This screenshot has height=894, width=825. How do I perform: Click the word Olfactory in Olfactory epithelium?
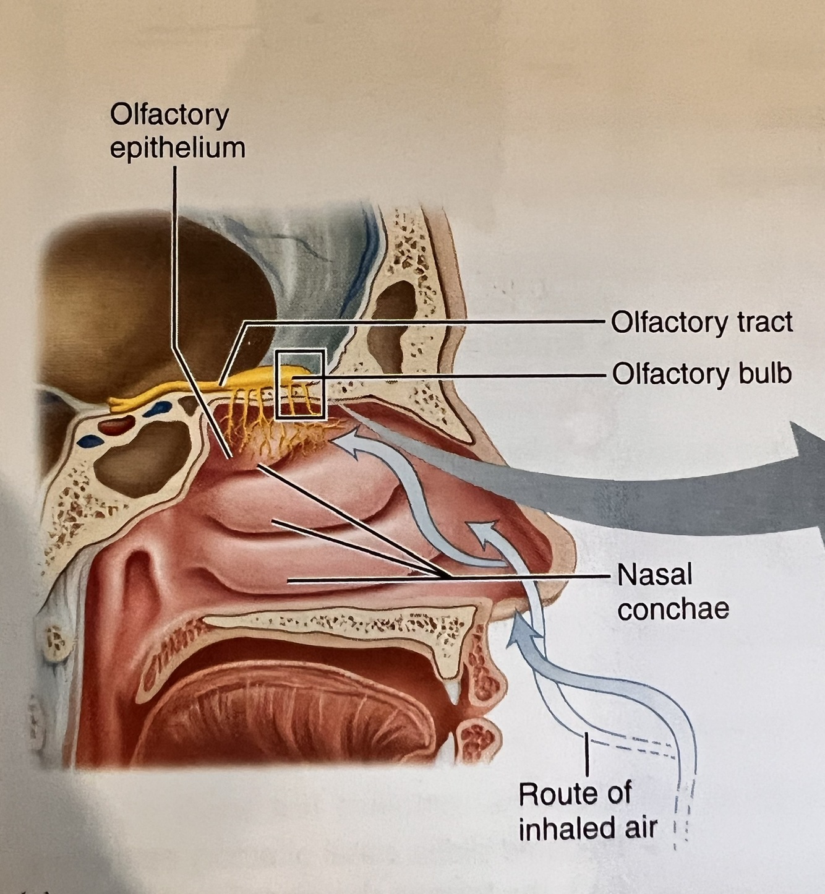click(169, 116)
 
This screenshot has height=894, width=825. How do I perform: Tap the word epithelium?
click(177, 148)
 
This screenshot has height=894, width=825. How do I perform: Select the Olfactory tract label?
click(701, 322)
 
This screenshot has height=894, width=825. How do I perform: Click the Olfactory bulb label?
click(701, 374)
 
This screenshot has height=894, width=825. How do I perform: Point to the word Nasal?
click(654, 575)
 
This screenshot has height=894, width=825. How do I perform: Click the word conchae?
click(673, 609)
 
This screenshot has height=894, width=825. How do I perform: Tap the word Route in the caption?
click(575, 794)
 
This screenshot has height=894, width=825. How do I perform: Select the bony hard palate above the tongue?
click(340, 622)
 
